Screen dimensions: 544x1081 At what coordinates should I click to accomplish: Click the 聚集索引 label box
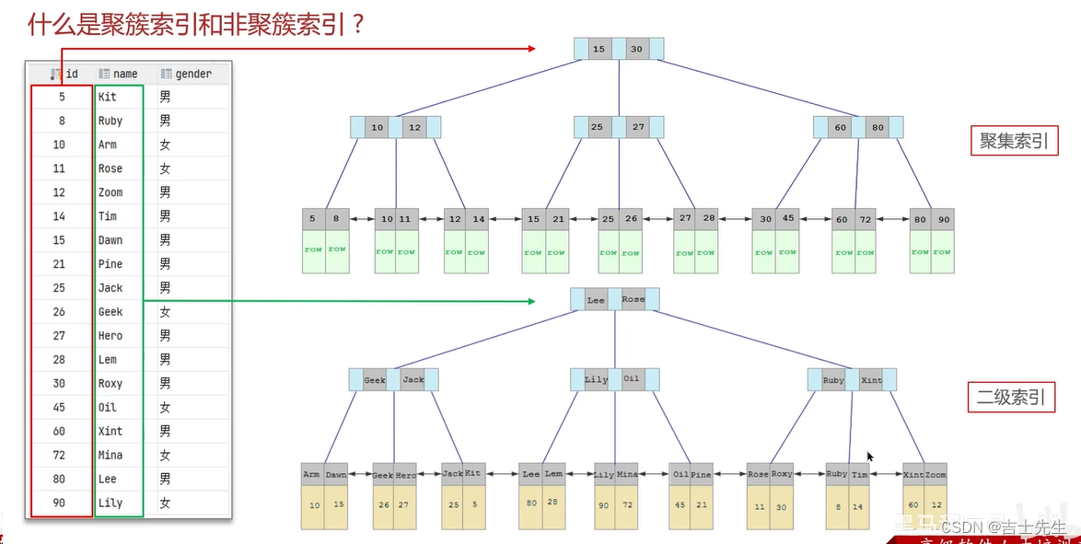point(1014,141)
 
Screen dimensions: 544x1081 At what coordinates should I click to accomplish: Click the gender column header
point(186,74)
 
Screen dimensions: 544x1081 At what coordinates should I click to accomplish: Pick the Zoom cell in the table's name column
point(110,192)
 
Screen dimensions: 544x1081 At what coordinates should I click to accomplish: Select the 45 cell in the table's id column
point(59,408)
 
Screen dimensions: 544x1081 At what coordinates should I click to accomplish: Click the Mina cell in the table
point(110,456)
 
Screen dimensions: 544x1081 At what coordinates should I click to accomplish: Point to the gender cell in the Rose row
point(165,168)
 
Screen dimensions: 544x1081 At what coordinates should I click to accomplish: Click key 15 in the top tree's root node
point(599,49)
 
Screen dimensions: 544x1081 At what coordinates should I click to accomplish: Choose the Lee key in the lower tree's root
point(596,299)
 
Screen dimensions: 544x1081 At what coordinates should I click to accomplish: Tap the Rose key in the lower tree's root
point(633,299)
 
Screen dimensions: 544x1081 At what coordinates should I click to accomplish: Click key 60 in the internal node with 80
point(841,128)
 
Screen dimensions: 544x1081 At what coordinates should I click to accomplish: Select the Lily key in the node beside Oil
point(596,379)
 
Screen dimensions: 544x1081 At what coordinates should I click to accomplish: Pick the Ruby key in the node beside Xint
point(833,379)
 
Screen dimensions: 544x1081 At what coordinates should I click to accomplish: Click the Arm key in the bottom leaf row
point(311,474)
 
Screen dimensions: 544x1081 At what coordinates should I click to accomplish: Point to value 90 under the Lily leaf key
point(603,505)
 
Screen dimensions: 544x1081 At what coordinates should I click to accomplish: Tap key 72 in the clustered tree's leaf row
point(866,220)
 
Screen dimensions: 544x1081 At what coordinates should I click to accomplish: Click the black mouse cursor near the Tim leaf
point(870,457)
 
